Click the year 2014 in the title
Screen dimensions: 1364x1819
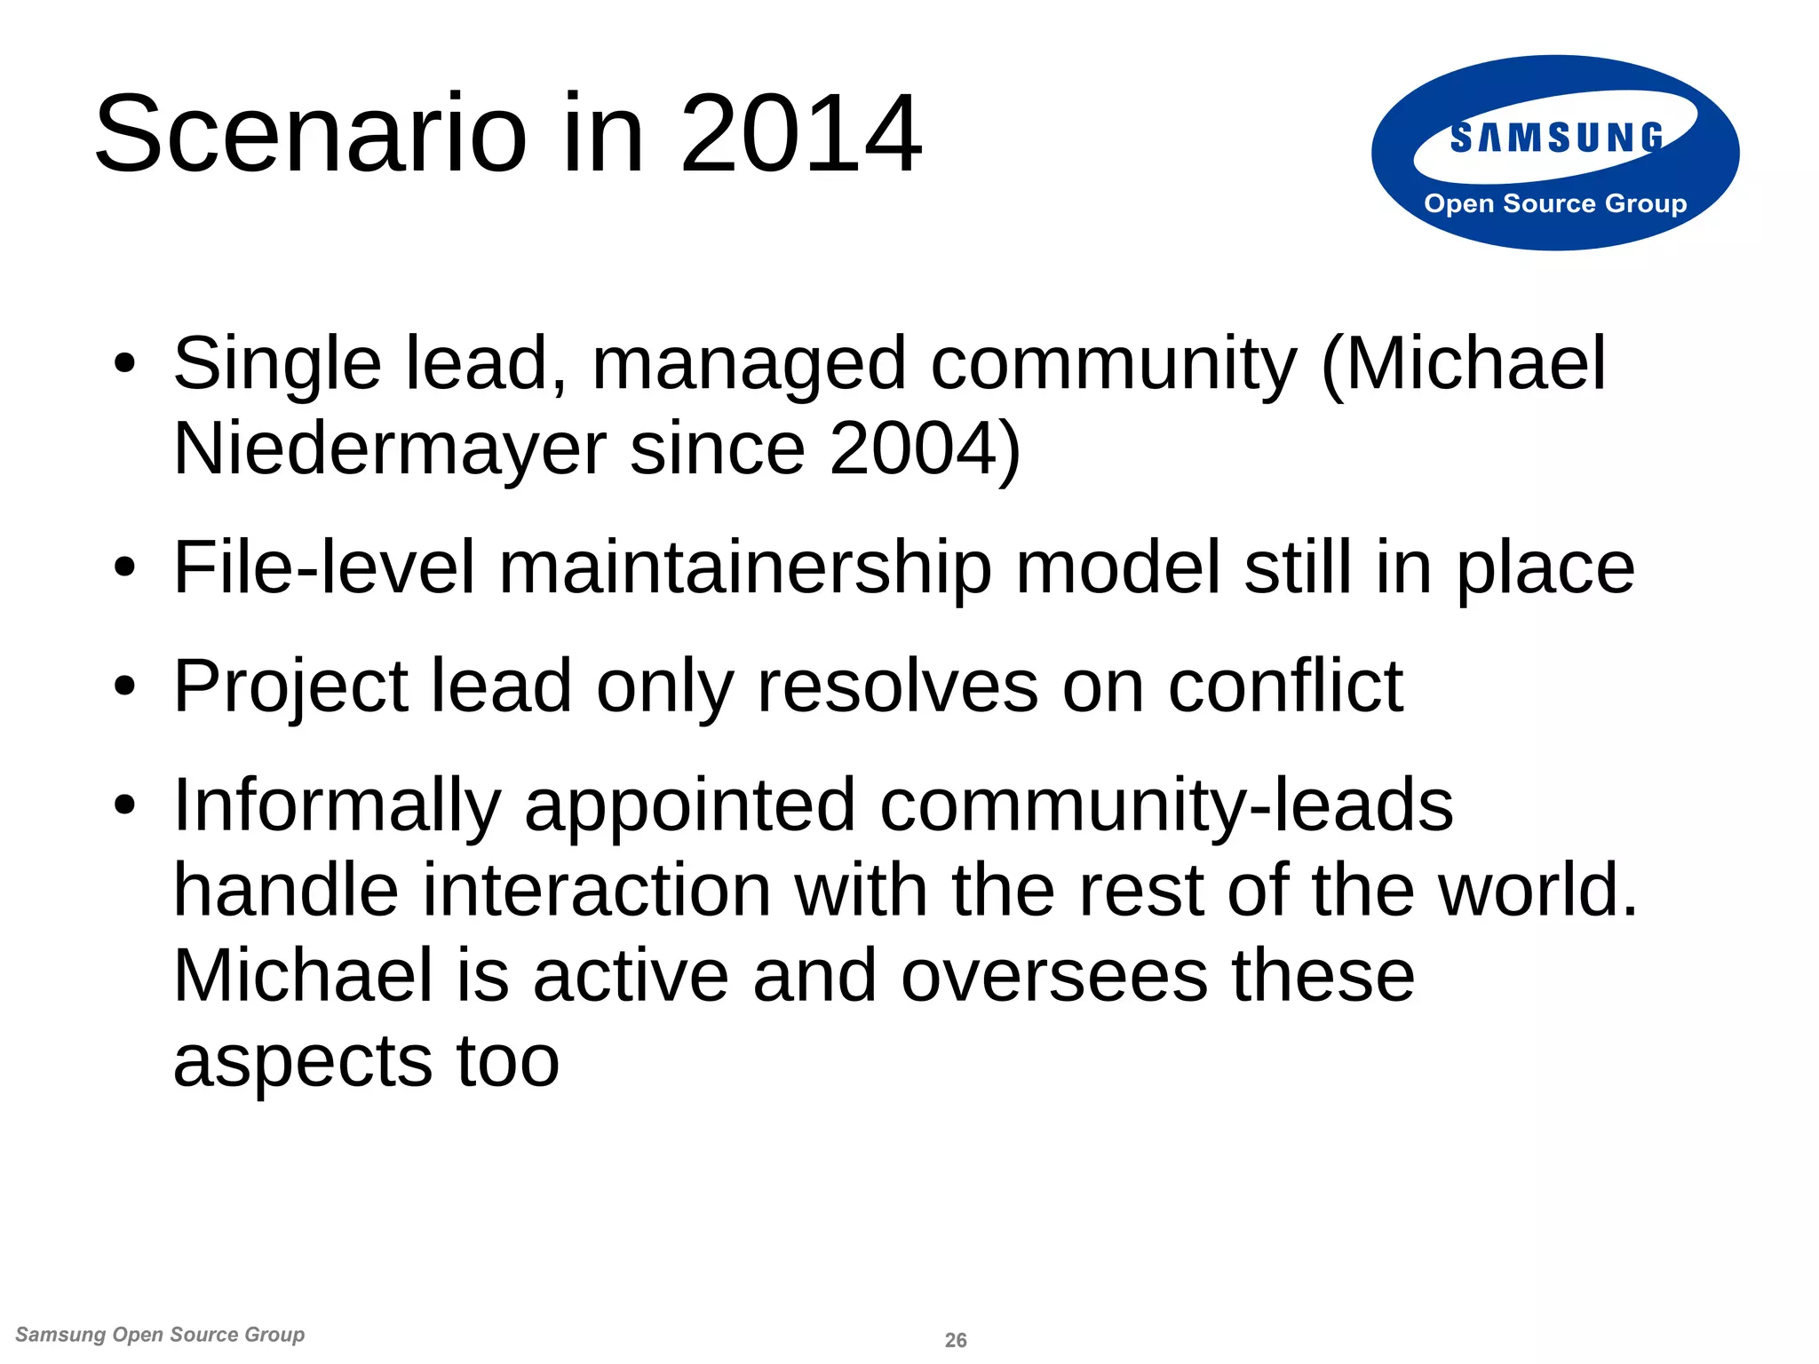click(800, 134)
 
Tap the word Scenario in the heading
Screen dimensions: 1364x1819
click(311, 134)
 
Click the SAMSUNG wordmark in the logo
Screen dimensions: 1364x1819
click(1556, 139)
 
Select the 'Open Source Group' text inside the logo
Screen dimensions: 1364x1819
click(1555, 203)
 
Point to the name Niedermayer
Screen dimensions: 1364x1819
click(389, 448)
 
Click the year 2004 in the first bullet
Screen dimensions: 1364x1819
click(916, 448)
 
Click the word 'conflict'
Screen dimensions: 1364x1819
click(1285, 686)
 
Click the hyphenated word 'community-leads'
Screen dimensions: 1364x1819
click(1166, 805)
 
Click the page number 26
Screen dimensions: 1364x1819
click(956, 1340)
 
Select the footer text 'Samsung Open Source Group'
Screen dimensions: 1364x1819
click(160, 1335)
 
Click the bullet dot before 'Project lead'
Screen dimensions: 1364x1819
click(125, 686)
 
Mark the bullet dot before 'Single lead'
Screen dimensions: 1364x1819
click(125, 363)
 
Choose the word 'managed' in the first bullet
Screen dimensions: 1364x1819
click(749, 363)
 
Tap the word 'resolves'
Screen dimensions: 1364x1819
click(897, 686)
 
